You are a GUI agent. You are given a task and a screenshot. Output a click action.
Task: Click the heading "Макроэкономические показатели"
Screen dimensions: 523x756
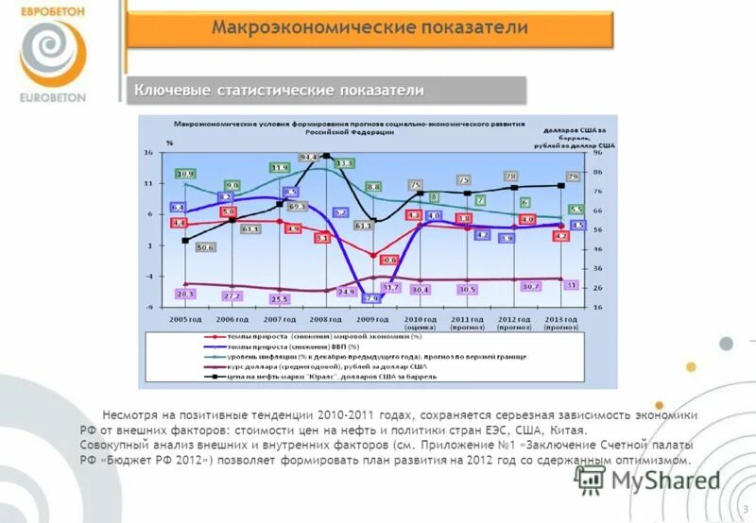(369, 28)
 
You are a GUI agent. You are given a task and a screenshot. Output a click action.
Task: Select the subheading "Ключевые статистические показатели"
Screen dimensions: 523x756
(279, 90)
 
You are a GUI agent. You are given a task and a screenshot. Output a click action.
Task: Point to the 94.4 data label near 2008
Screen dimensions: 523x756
(309, 157)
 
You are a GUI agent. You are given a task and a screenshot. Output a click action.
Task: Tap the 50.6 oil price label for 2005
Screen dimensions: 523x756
(205, 247)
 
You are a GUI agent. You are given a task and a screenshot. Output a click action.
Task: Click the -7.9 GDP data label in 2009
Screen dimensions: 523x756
(370, 298)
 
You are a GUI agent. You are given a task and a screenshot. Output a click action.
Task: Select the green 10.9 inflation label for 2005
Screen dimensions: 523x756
(185, 174)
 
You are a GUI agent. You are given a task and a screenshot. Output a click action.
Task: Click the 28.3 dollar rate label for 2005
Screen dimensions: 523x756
(185, 295)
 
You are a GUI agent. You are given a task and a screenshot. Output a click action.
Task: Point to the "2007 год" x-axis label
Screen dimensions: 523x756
(280, 319)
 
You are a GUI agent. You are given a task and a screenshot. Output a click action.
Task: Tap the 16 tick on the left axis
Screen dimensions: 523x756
(149, 152)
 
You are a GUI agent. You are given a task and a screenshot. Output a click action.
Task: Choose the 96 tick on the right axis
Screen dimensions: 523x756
(597, 152)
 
